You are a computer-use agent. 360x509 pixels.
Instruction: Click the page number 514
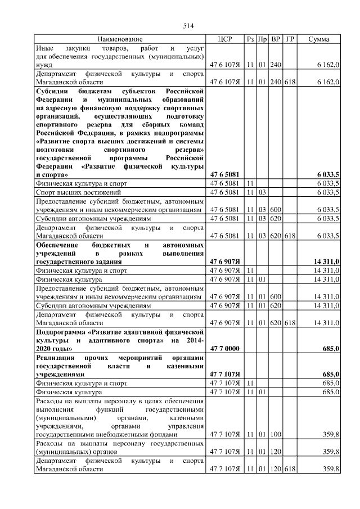pyautogui.click(x=188, y=26)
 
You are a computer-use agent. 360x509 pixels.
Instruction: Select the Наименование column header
pyautogui.click(x=120, y=39)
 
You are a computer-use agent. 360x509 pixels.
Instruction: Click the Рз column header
pyautogui.click(x=250, y=39)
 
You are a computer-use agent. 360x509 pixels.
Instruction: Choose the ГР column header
pyautogui.click(x=290, y=39)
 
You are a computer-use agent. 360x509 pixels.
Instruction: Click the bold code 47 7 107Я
pyautogui.click(x=224, y=374)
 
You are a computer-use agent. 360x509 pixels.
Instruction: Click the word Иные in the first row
pyautogui.click(x=44, y=48)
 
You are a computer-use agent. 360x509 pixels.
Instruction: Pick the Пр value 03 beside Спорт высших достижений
pyautogui.click(x=262, y=192)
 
